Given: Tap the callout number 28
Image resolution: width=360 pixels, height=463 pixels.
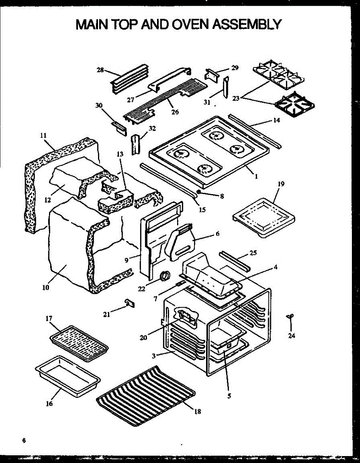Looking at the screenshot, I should (x=100, y=70).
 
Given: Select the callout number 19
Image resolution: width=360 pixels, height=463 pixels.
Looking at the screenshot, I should (x=281, y=184).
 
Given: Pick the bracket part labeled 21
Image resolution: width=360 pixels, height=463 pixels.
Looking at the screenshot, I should (x=130, y=303).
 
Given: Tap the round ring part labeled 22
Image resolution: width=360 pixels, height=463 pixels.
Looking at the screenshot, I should (x=165, y=275).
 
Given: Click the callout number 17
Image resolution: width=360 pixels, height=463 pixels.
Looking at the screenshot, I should (x=49, y=318).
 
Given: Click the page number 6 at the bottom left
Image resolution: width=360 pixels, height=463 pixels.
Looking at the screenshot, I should (x=24, y=440).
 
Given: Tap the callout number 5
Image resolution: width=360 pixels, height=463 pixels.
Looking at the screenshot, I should (x=229, y=395).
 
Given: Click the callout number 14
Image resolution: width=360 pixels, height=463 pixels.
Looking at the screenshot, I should (x=276, y=120).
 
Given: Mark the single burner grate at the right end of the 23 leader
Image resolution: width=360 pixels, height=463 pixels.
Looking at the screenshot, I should (x=295, y=103).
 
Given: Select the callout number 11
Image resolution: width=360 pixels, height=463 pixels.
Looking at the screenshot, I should (x=43, y=135).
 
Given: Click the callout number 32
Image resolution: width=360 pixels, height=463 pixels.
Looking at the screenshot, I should (x=152, y=128).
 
